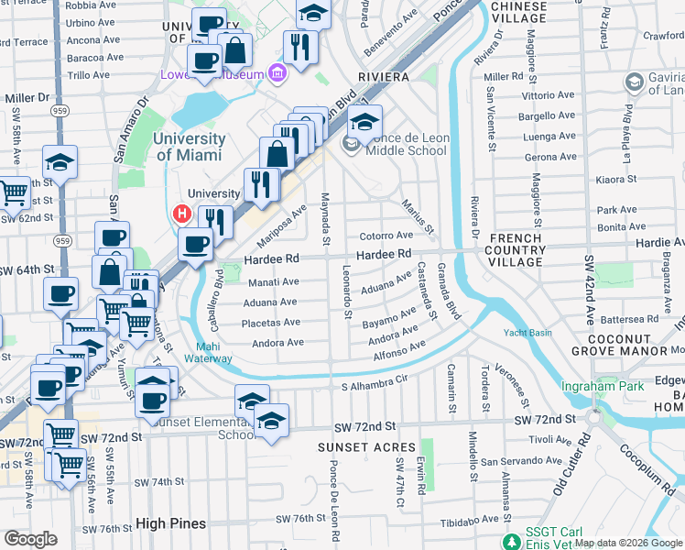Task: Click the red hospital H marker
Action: coord(181,214)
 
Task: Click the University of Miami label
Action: coord(190,147)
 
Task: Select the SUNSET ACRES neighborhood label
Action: coord(359,446)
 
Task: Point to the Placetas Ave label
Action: coord(270,323)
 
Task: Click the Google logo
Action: coord(30,538)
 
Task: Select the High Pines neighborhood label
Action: coord(169,523)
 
